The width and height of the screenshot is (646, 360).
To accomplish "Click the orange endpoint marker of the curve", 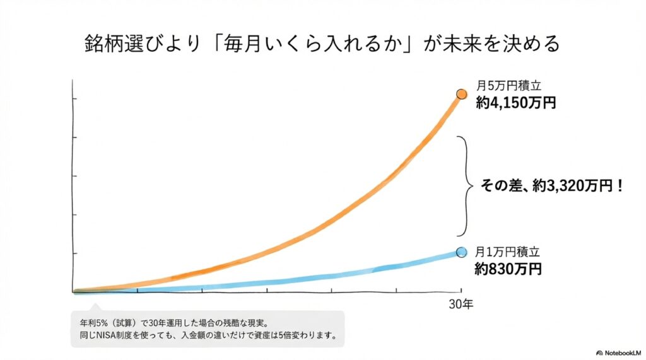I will pos(461,95).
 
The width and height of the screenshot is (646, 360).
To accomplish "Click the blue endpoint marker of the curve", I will pos(461,252).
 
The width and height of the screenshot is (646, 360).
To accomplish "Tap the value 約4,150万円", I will pos(516,103).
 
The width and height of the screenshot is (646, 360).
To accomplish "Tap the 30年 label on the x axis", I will pos(461,305).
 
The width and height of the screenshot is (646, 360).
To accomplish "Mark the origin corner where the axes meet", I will pos(74,292).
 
